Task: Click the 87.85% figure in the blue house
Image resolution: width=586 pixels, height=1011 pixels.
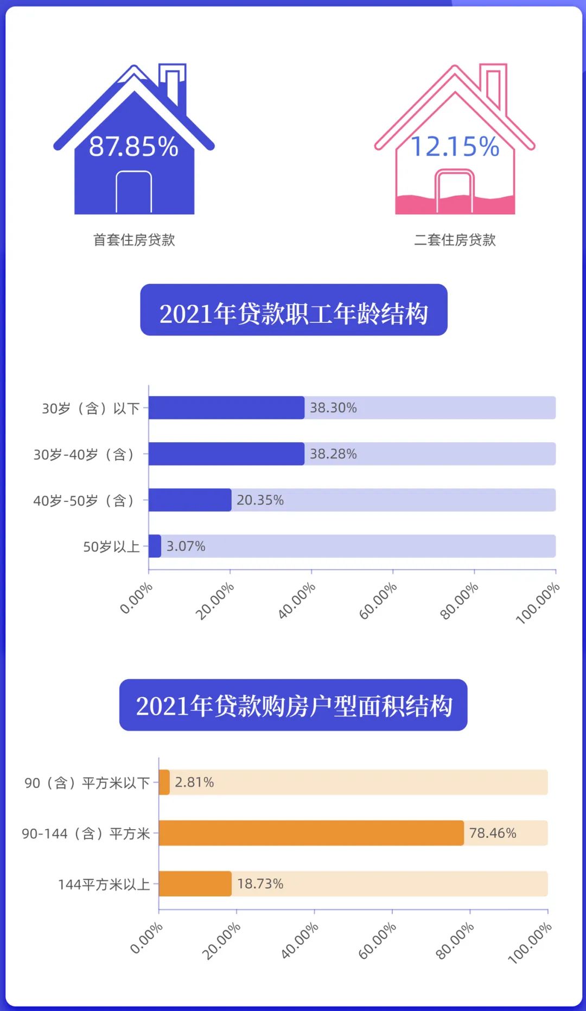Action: pos(133,147)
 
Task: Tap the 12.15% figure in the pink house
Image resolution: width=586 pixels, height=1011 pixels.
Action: pos(455,147)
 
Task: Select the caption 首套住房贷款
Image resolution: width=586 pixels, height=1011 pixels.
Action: pos(134,240)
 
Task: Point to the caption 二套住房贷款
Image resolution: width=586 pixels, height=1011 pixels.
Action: pos(455,240)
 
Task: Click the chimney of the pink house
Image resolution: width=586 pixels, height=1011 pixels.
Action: pos(493,87)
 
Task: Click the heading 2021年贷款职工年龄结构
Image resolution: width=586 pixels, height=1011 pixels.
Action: pos(294,313)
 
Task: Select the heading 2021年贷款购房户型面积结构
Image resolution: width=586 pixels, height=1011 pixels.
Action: pos(294,705)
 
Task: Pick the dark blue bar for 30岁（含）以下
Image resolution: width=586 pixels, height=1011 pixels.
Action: pos(226,408)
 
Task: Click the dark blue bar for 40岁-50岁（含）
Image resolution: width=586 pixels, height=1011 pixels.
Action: pos(190,500)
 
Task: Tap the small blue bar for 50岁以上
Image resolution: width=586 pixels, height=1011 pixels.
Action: pos(155,546)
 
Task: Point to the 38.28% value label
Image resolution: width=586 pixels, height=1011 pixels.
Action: pos(333,454)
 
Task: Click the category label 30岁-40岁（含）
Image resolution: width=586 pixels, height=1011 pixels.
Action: pos(84,454)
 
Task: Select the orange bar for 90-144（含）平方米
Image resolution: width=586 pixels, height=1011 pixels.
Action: pos(311,833)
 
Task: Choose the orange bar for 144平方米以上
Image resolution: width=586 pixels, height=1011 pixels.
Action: pos(195,883)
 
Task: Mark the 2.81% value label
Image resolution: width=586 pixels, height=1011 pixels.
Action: pos(194,782)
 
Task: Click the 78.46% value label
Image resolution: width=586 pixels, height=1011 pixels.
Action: pos(493,833)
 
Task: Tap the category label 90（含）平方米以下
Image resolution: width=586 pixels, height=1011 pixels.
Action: pos(87,783)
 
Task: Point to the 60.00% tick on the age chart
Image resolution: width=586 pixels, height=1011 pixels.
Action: pos(379,600)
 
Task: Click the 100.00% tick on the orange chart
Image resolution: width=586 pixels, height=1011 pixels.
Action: pos(530,943)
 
